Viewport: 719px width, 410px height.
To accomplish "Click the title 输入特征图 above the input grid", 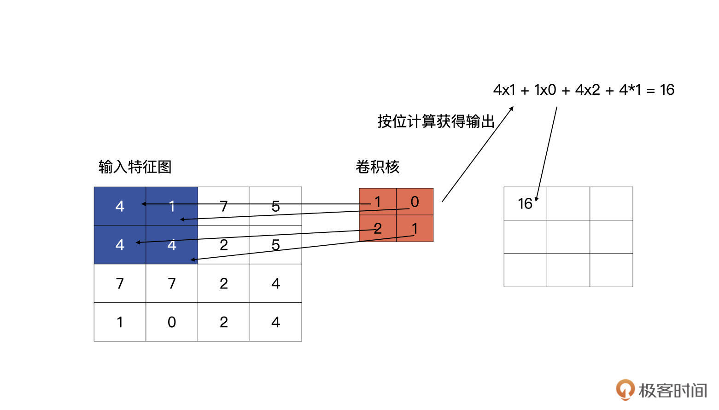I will click(135, 167).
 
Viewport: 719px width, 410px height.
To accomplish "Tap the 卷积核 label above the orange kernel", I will click(377, 167).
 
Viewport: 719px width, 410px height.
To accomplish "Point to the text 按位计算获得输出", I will click(436, 121).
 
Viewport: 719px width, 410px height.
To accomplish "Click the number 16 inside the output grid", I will click(525, 203).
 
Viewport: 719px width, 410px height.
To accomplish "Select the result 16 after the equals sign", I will click(666, 90).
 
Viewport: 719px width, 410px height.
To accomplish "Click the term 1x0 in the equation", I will click(545, 90).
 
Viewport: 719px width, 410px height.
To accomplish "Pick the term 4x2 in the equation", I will click(587, 90).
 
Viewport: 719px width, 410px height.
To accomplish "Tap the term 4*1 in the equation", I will click(630, 90).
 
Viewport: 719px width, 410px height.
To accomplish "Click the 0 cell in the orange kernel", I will click(415, 202).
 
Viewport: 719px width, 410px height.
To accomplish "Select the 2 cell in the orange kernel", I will click(378, 228).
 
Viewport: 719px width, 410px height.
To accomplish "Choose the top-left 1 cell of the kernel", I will click(378, 202).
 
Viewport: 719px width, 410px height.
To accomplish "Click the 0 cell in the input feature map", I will click(172, 322).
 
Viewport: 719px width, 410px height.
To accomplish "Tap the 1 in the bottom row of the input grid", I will click(120, 322).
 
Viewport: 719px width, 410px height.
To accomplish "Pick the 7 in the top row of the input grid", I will click(224, 206).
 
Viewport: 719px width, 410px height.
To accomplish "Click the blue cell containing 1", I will click(172, 206).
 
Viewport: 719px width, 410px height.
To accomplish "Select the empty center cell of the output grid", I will click(568, 237).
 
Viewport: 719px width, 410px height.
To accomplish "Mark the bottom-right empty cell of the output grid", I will click(611, 270).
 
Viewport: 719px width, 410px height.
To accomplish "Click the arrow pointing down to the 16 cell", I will click(547, 152).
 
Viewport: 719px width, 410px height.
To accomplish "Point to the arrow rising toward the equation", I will click(477, 155).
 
